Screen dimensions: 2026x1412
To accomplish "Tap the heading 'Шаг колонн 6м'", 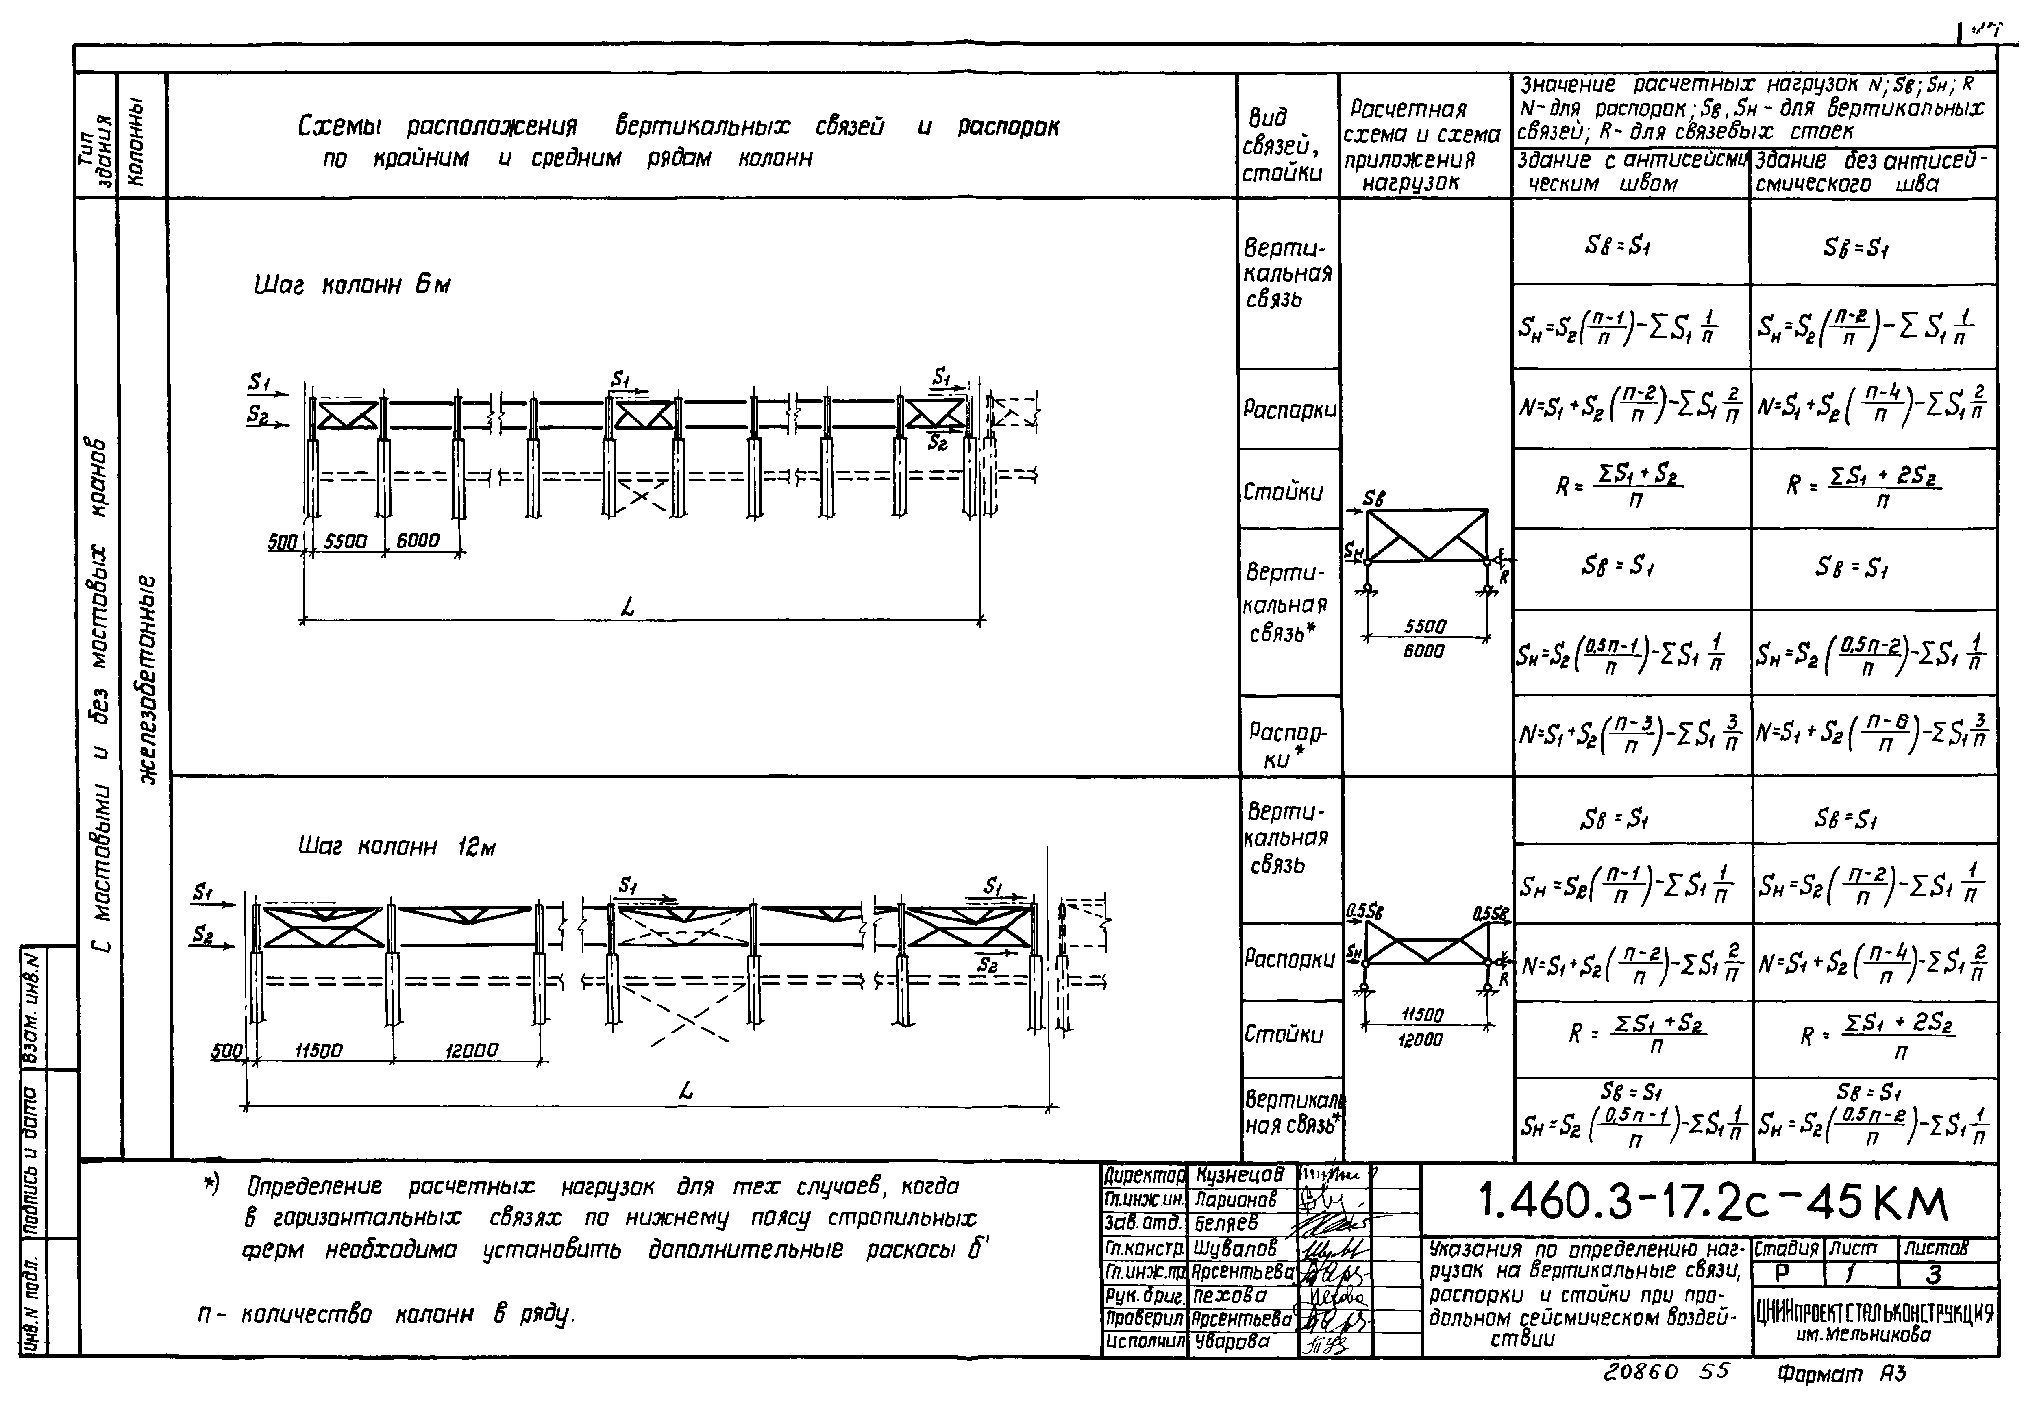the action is coord(351,286).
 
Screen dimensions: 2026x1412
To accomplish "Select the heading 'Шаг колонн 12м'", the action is coord(396,847).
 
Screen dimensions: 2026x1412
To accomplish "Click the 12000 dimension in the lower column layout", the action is coord(471,1050).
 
